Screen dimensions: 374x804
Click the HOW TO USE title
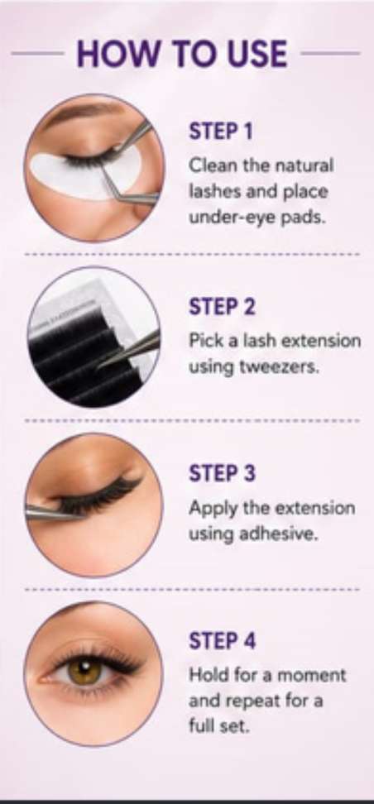[182, 53]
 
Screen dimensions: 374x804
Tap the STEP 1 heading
[221, 132]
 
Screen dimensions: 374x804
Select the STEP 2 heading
[222, 307]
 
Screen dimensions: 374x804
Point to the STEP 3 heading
[222, 473]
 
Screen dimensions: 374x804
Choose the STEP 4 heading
[222, 641]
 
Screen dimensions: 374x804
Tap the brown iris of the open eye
[84, 671]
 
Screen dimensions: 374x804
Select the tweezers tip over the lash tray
[101, 365]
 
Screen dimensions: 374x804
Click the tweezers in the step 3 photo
[51, 511]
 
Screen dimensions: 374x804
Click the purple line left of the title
[37, 53]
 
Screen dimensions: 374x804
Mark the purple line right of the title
[330, 53]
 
